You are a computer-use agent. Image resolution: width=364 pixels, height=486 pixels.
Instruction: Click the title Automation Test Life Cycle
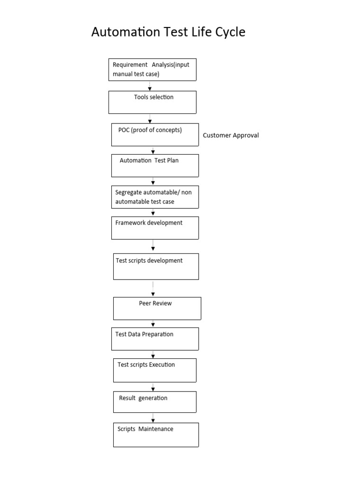click(168, 33)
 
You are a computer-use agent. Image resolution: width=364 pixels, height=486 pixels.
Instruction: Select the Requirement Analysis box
click(152, 69)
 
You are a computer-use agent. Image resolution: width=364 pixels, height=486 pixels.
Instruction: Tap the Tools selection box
click(152, 102)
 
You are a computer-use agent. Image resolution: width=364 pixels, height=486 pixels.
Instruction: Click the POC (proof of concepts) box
click(155, 135)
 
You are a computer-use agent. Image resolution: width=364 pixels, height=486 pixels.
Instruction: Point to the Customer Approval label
click(231, 135)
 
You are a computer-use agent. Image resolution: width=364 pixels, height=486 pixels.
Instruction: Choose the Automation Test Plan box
click(155, 166)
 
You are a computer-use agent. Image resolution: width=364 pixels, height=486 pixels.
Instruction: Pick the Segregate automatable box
click(155, 197)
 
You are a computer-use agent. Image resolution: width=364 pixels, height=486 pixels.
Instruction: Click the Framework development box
click(155, 228)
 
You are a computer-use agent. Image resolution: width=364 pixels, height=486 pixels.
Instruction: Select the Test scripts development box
click(156, 266)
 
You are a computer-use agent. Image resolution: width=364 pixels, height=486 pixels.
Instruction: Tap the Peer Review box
click(157, 308)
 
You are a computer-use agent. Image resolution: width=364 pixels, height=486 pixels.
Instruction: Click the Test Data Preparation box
click(155, 339)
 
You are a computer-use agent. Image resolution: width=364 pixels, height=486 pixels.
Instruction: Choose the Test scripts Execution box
click(155, 370)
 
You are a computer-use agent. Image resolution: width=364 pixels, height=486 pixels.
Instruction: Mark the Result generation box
click(155, 402)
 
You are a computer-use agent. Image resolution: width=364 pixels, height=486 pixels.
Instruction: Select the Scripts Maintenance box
click(156, 435)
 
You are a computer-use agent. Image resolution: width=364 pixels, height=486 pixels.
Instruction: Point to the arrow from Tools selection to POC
click(150, 119)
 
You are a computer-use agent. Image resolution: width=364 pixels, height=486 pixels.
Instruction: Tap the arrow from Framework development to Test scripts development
click(153, 246)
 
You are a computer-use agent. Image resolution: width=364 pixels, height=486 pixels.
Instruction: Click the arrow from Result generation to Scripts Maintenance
click(153, 417)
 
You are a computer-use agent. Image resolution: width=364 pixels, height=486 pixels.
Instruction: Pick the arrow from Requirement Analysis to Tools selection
click(150, 85)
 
